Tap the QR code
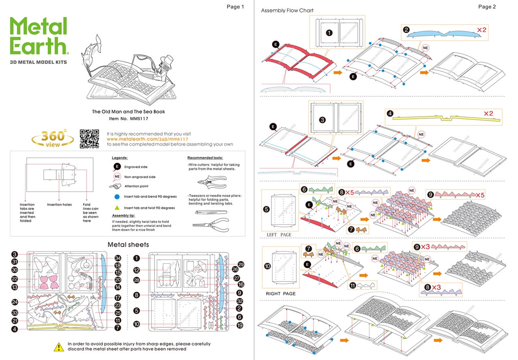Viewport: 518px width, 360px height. point(89,139)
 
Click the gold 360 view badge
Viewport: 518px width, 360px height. point(53,139)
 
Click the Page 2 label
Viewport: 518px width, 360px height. point(487,6)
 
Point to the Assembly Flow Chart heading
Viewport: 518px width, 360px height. point(287,11)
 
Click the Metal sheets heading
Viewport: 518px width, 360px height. point(128,244)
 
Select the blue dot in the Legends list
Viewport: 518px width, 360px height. point(117,197)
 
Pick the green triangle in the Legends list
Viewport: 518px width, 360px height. point(117,208)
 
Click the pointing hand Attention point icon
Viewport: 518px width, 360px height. point(116,186)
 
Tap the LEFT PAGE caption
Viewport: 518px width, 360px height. point(279,235)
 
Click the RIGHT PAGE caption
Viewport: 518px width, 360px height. point(280,294)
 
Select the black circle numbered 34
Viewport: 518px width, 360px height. point(118,258)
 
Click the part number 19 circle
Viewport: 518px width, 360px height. point(240,325)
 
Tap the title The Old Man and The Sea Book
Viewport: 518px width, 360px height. point(128,112)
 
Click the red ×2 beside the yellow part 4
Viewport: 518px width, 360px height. point(488,114)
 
